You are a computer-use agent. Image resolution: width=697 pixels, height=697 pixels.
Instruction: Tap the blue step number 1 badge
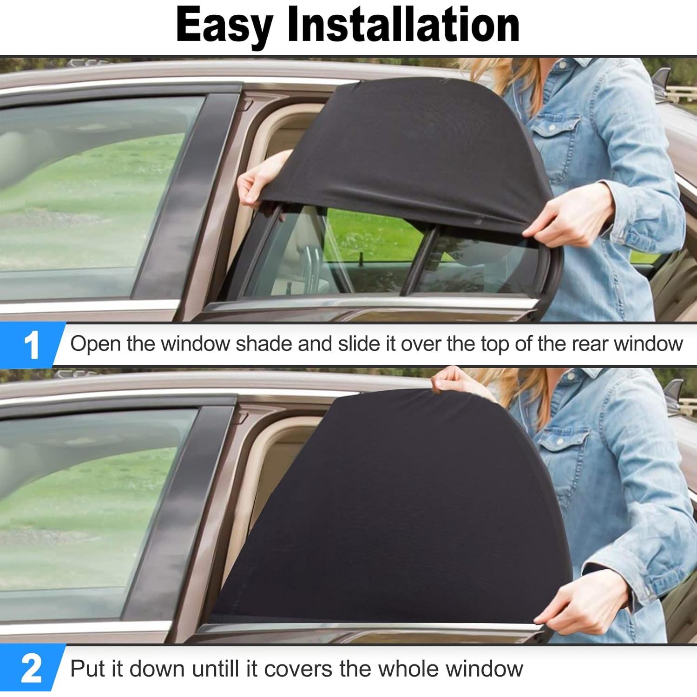point(31,345)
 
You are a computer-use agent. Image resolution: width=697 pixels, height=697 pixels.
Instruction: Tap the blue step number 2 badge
point(31,669)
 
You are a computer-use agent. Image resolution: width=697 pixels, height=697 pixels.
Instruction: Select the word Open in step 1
point(96,344)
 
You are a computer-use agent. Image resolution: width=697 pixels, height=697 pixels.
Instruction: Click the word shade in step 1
point(263,344)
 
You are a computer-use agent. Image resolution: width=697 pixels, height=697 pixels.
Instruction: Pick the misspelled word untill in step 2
point(217,669)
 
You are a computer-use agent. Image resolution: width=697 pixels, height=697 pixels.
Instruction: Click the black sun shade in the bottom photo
point(395,511)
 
